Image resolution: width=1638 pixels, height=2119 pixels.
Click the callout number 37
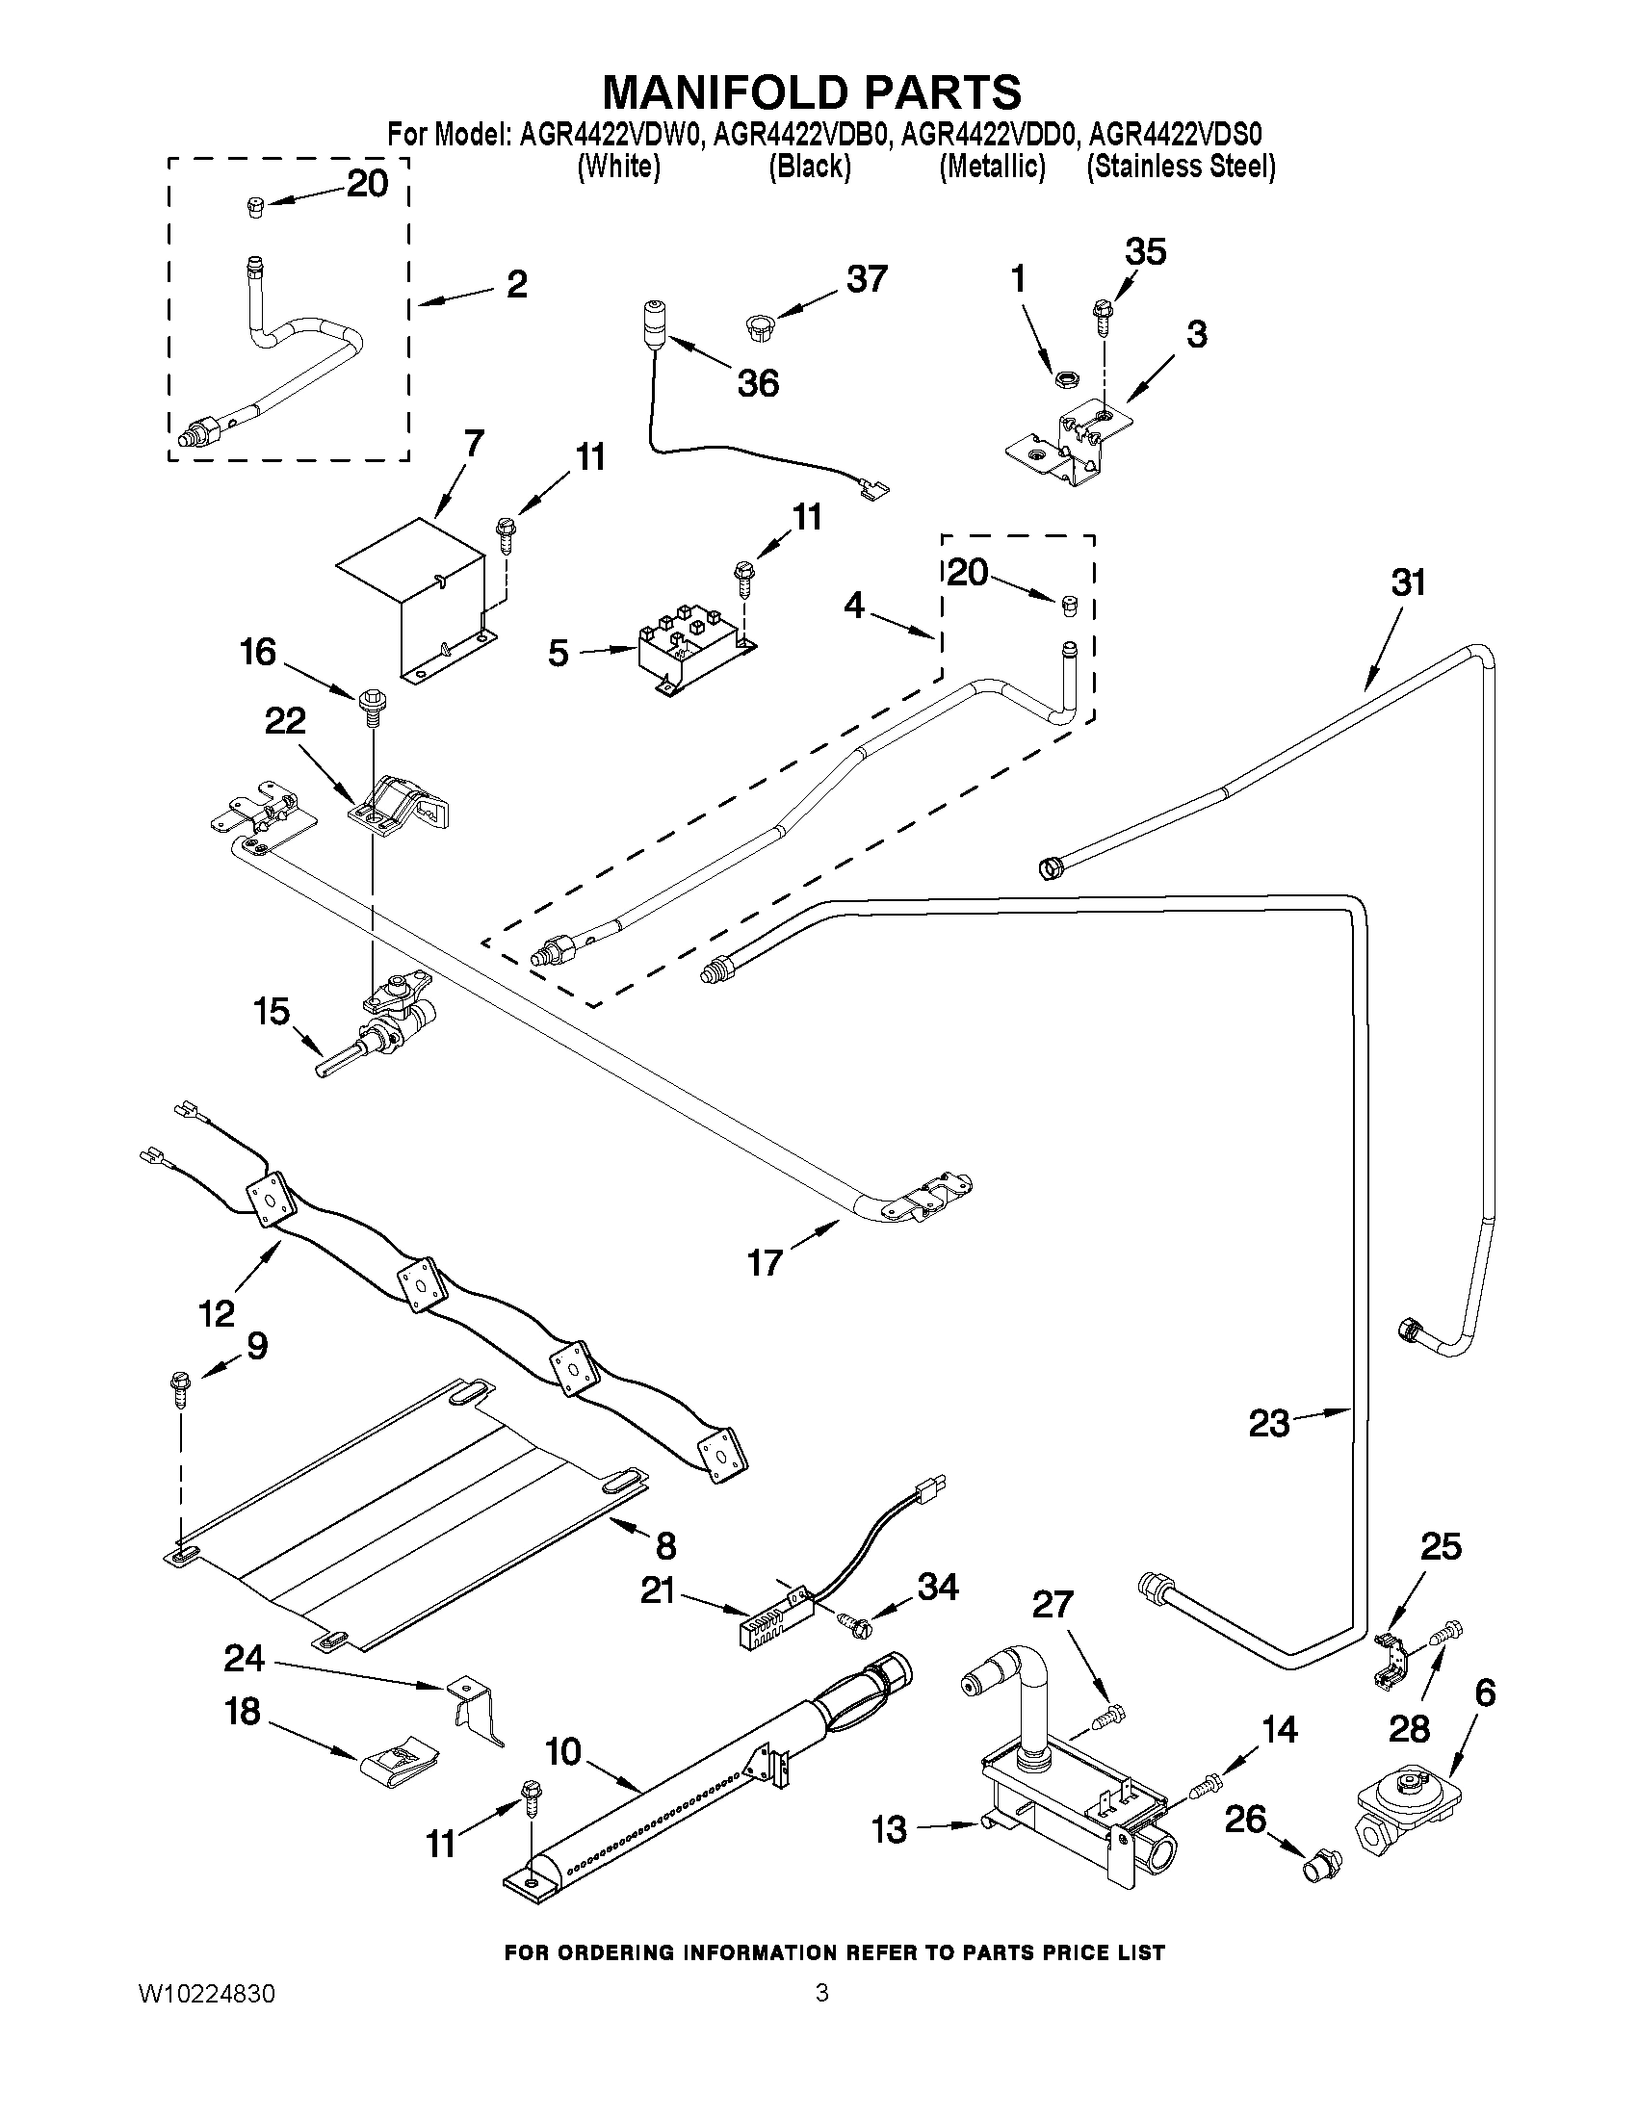tap(866, 280)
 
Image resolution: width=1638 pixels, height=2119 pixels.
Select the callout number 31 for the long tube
tap(1409, 583)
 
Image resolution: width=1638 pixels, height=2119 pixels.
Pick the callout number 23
tap(1268, 1425)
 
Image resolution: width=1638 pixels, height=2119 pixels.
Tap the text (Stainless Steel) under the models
tap(1180, 167)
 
